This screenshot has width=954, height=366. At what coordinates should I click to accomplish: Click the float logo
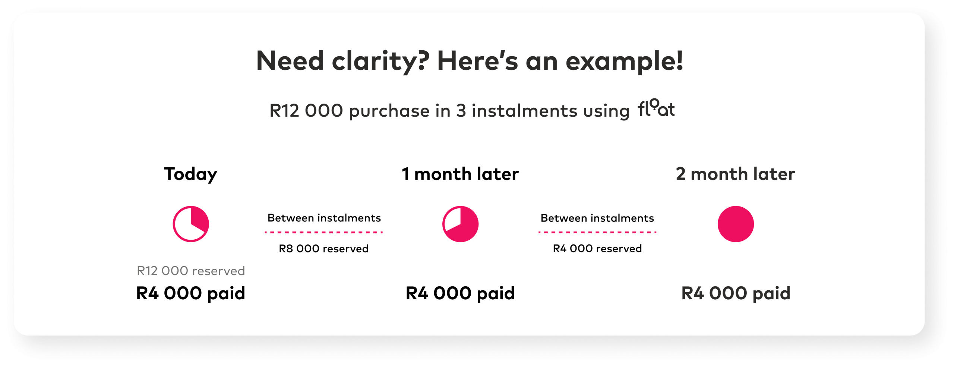click(x=656, y=109)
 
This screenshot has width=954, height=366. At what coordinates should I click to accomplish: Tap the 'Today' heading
click(x=190, y=174)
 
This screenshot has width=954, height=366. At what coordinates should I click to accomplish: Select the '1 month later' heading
click(x=460, y=174)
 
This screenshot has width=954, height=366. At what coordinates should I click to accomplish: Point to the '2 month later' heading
click(x=735, y=174)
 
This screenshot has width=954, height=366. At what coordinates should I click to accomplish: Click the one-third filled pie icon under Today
click(x=191, y=224)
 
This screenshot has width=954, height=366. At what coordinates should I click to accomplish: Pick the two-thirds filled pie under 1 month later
click(x=460, y=224)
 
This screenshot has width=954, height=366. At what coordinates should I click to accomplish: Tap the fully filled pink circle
click(x=736, y=224)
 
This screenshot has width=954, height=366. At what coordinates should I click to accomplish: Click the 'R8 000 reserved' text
click(x=323, y=249)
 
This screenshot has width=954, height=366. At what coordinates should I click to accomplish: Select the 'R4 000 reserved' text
click(x=597, y=249)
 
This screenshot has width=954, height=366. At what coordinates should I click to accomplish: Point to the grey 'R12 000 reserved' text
click(x=191, y=271)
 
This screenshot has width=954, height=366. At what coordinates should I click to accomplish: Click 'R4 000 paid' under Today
click(x=191, y=293)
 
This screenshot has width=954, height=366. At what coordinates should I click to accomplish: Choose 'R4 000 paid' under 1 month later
click(x=460, y=293)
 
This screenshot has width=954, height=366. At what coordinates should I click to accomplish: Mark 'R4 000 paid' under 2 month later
click(x=736, y=293)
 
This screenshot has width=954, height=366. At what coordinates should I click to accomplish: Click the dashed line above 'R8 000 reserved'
click(x=323, y=232)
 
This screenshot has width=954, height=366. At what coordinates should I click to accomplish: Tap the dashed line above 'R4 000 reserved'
click(x=597, y=232)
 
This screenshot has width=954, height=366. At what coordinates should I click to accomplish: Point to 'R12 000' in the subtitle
click(x=306, y=111)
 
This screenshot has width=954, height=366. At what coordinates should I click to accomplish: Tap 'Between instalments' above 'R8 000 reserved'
click(x=324, y=218)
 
